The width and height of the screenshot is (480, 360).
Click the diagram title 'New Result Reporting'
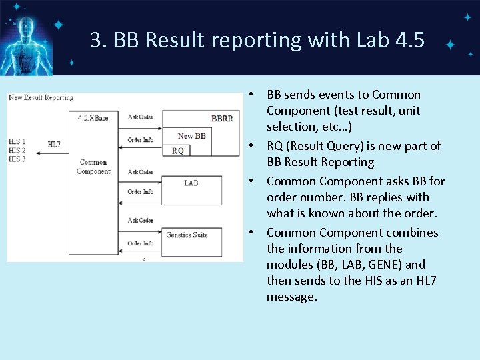41,98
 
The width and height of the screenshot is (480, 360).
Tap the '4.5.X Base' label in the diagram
94,118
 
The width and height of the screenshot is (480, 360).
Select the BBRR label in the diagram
222,118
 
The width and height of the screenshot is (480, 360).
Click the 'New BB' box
192,136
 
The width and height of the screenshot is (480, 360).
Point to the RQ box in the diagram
177,151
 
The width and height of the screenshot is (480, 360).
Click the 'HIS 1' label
17,141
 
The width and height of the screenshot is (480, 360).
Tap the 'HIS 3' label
17,159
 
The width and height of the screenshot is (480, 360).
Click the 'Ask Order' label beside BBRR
140,117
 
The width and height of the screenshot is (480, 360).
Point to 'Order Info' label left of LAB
140,192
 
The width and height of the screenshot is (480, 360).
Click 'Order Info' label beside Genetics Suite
140,243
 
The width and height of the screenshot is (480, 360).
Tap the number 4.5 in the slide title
409,40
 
